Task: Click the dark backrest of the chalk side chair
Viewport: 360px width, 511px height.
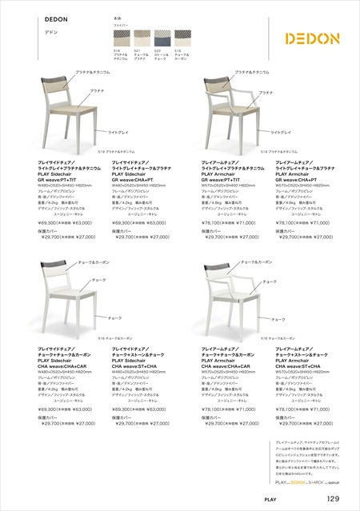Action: point(54,273)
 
